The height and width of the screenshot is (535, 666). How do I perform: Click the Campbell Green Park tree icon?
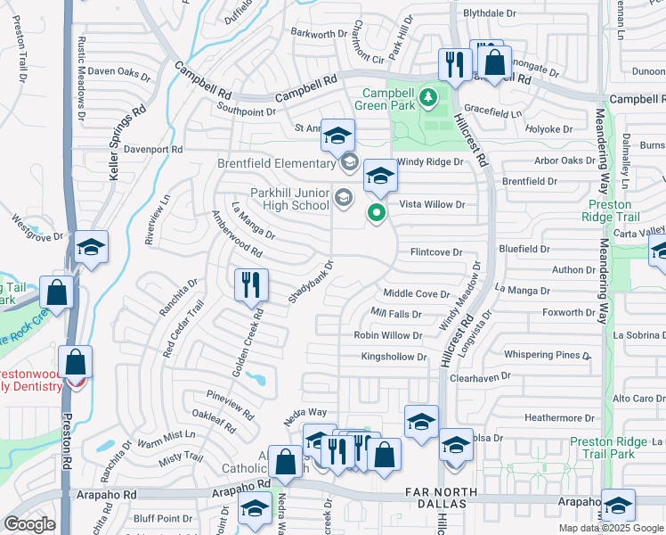point(428,95)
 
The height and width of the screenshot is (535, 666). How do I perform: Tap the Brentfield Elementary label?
point(276,163)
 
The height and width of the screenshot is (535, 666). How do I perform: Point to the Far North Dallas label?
point(441,498)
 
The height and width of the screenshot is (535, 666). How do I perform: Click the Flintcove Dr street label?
point(435,252)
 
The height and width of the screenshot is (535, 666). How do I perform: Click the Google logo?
point(29,524)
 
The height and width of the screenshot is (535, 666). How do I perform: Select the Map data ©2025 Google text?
point(612,528)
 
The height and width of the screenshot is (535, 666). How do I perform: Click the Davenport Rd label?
point(153,149)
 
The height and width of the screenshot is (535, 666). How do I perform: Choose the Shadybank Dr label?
point(311,282)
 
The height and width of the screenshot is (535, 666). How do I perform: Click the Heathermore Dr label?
point(559,417)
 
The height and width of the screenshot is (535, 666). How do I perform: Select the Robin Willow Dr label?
point(387,335)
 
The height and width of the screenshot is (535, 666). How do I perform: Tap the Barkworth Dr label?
point(320,34)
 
